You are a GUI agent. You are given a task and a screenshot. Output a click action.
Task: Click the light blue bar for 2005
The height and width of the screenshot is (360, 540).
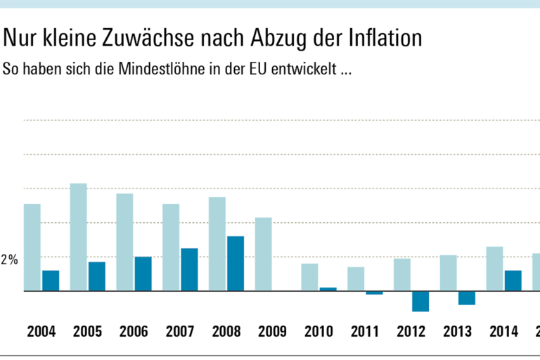click(x=78, y=236)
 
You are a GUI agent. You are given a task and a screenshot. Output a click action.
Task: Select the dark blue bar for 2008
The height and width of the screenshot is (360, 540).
click(x=236, y=263)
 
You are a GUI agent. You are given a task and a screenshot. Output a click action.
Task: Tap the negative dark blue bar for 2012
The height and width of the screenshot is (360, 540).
click(x=420, y=301)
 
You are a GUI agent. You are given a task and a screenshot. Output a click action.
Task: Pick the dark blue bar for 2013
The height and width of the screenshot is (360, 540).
click(x=467, y=297)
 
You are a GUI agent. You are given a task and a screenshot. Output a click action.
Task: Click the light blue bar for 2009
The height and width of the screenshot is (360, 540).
click(x=263, y=254)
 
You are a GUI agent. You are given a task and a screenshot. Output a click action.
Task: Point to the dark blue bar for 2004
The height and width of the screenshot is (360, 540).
click(x=51, y=280)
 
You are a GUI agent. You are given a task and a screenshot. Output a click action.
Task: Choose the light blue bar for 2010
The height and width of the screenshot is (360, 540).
click(x=309, y=277)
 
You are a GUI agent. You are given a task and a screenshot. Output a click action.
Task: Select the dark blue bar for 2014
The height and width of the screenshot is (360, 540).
click(x=513, y=280)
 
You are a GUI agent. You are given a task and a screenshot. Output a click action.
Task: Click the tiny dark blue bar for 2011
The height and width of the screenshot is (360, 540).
click(x=374, y=292)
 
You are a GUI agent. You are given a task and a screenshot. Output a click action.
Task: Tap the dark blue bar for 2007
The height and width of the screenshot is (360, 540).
click(x=189, y=269)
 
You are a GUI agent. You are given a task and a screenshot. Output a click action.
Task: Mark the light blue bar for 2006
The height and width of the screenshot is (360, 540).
click(x=124, y=242)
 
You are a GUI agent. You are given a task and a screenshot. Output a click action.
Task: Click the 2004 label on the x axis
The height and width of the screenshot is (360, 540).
click(x=41, y=331)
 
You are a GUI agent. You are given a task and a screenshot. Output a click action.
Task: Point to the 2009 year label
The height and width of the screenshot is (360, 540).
click(x=273, y=331)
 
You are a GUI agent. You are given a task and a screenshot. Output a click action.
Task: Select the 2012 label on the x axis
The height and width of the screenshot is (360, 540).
click(x=411, y=331)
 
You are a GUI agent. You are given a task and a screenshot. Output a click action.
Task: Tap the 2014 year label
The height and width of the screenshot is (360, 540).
click(x=504, y=331)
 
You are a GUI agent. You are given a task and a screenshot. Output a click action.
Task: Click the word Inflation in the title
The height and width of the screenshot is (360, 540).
click(x=382, y=38)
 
